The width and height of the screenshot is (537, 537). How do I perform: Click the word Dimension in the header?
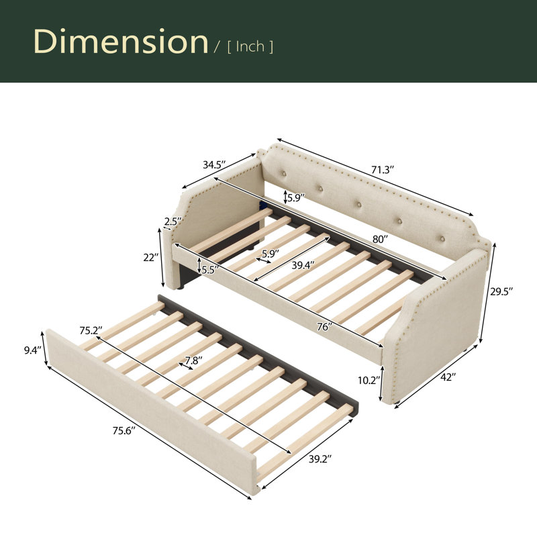click(x=121, y=41)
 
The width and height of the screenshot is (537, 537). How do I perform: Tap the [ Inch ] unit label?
click(x=250, y=47)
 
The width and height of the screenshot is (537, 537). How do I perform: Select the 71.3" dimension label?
click(x=383, y=170)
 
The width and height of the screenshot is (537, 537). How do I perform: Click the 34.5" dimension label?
click(x=214, y=164)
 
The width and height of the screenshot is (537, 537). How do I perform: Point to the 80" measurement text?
click(x=380, y=239)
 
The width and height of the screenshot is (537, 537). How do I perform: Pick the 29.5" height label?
click(x=501, y=292)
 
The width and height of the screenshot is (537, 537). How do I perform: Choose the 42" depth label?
click(x=448, y=377)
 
